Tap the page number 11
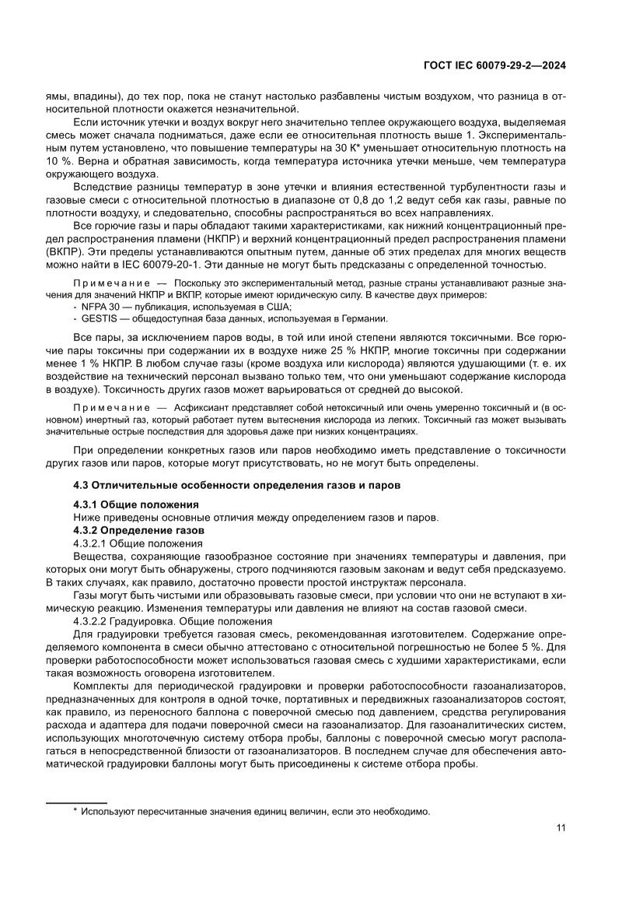coord(561,827)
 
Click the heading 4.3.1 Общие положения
coord(136,504)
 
